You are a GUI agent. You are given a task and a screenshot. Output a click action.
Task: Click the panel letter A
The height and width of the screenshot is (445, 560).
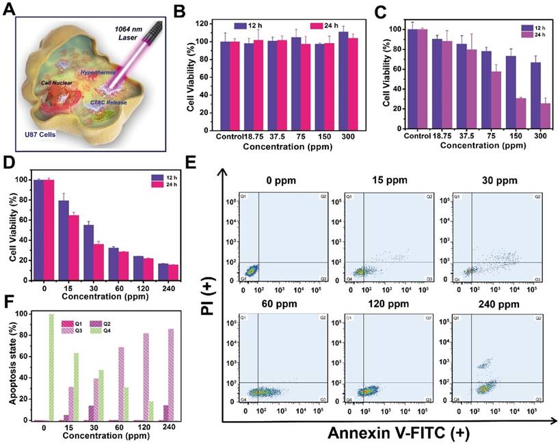pyautogui.click(x=10, y=11)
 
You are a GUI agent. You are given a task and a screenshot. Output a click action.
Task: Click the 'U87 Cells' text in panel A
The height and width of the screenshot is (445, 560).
pyautogui.click(x=40, y=134)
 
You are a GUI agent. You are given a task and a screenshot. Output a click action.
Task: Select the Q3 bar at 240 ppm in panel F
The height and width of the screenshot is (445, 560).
pyautogui.click(x=170, y=375)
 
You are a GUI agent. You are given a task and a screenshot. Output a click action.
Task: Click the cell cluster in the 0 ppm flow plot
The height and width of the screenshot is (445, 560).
pyautogui.click(x=251, y=271)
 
